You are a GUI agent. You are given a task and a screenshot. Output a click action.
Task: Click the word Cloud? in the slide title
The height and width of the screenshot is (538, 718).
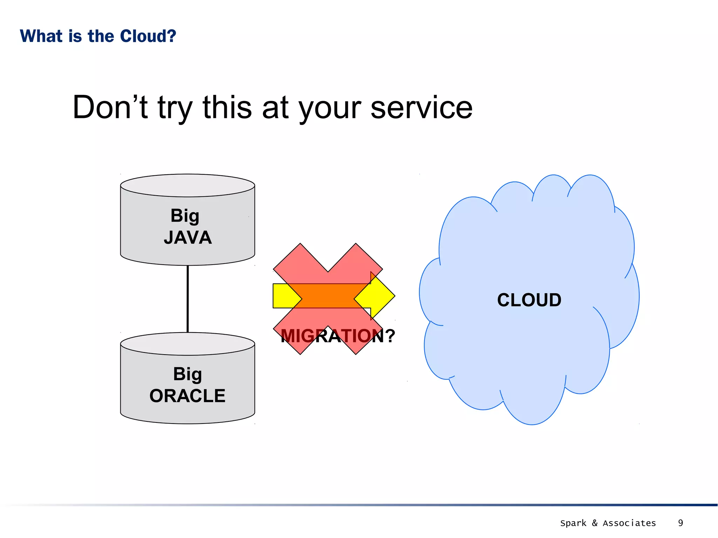click(148, 36)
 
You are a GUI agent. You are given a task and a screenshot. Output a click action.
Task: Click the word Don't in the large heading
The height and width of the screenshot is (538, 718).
click(110, 107)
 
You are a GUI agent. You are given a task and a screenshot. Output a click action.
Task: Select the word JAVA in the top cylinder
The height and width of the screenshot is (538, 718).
click(188, 237)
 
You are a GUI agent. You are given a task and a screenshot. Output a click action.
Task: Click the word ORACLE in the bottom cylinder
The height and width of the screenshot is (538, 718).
click(187, 396)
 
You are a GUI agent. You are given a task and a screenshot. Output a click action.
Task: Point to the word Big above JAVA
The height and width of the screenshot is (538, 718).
click(185, 216)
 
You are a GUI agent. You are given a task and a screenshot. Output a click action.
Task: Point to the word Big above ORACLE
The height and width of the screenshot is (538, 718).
click(187, 374)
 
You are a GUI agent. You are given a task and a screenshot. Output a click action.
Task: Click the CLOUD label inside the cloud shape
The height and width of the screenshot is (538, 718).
click(529, 300)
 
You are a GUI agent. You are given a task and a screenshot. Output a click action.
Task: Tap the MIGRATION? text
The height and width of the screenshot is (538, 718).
click(338, 336)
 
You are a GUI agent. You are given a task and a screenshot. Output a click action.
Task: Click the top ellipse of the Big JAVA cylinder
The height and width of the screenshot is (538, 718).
click(187, 185)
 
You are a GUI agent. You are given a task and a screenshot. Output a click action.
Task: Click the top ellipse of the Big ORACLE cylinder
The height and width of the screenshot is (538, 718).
click(187, 344)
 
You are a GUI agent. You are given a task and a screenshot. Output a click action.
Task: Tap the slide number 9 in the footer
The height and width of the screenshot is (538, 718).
click(680, 523)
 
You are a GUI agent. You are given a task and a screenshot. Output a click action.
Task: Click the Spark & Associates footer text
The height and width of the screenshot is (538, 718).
click(608, 523)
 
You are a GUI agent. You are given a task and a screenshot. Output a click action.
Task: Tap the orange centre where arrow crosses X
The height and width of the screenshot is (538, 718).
click(328, 296)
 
